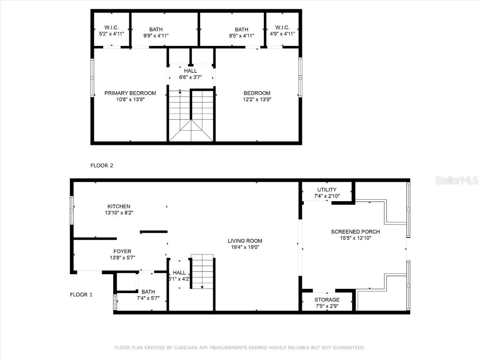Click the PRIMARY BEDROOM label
(x=130, y=93)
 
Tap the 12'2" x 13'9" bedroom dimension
(x=256, y=99)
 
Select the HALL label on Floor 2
(x=190, y=71)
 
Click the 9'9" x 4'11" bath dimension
(x=156, y=35)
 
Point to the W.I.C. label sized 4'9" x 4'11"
(x=282, y=28)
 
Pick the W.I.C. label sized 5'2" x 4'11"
(x=111, y=28)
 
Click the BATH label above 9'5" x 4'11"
(x=241, y=29)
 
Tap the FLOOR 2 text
(x=102, y=165)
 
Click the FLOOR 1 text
(x=81, y=295)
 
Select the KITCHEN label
(x=119, y=206)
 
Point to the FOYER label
(x=122, y=251)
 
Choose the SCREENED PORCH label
(x=355, y=232)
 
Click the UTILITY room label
(x=326, y=190)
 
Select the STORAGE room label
(x=327, y=300)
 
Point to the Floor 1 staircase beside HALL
(x=202, y=272)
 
